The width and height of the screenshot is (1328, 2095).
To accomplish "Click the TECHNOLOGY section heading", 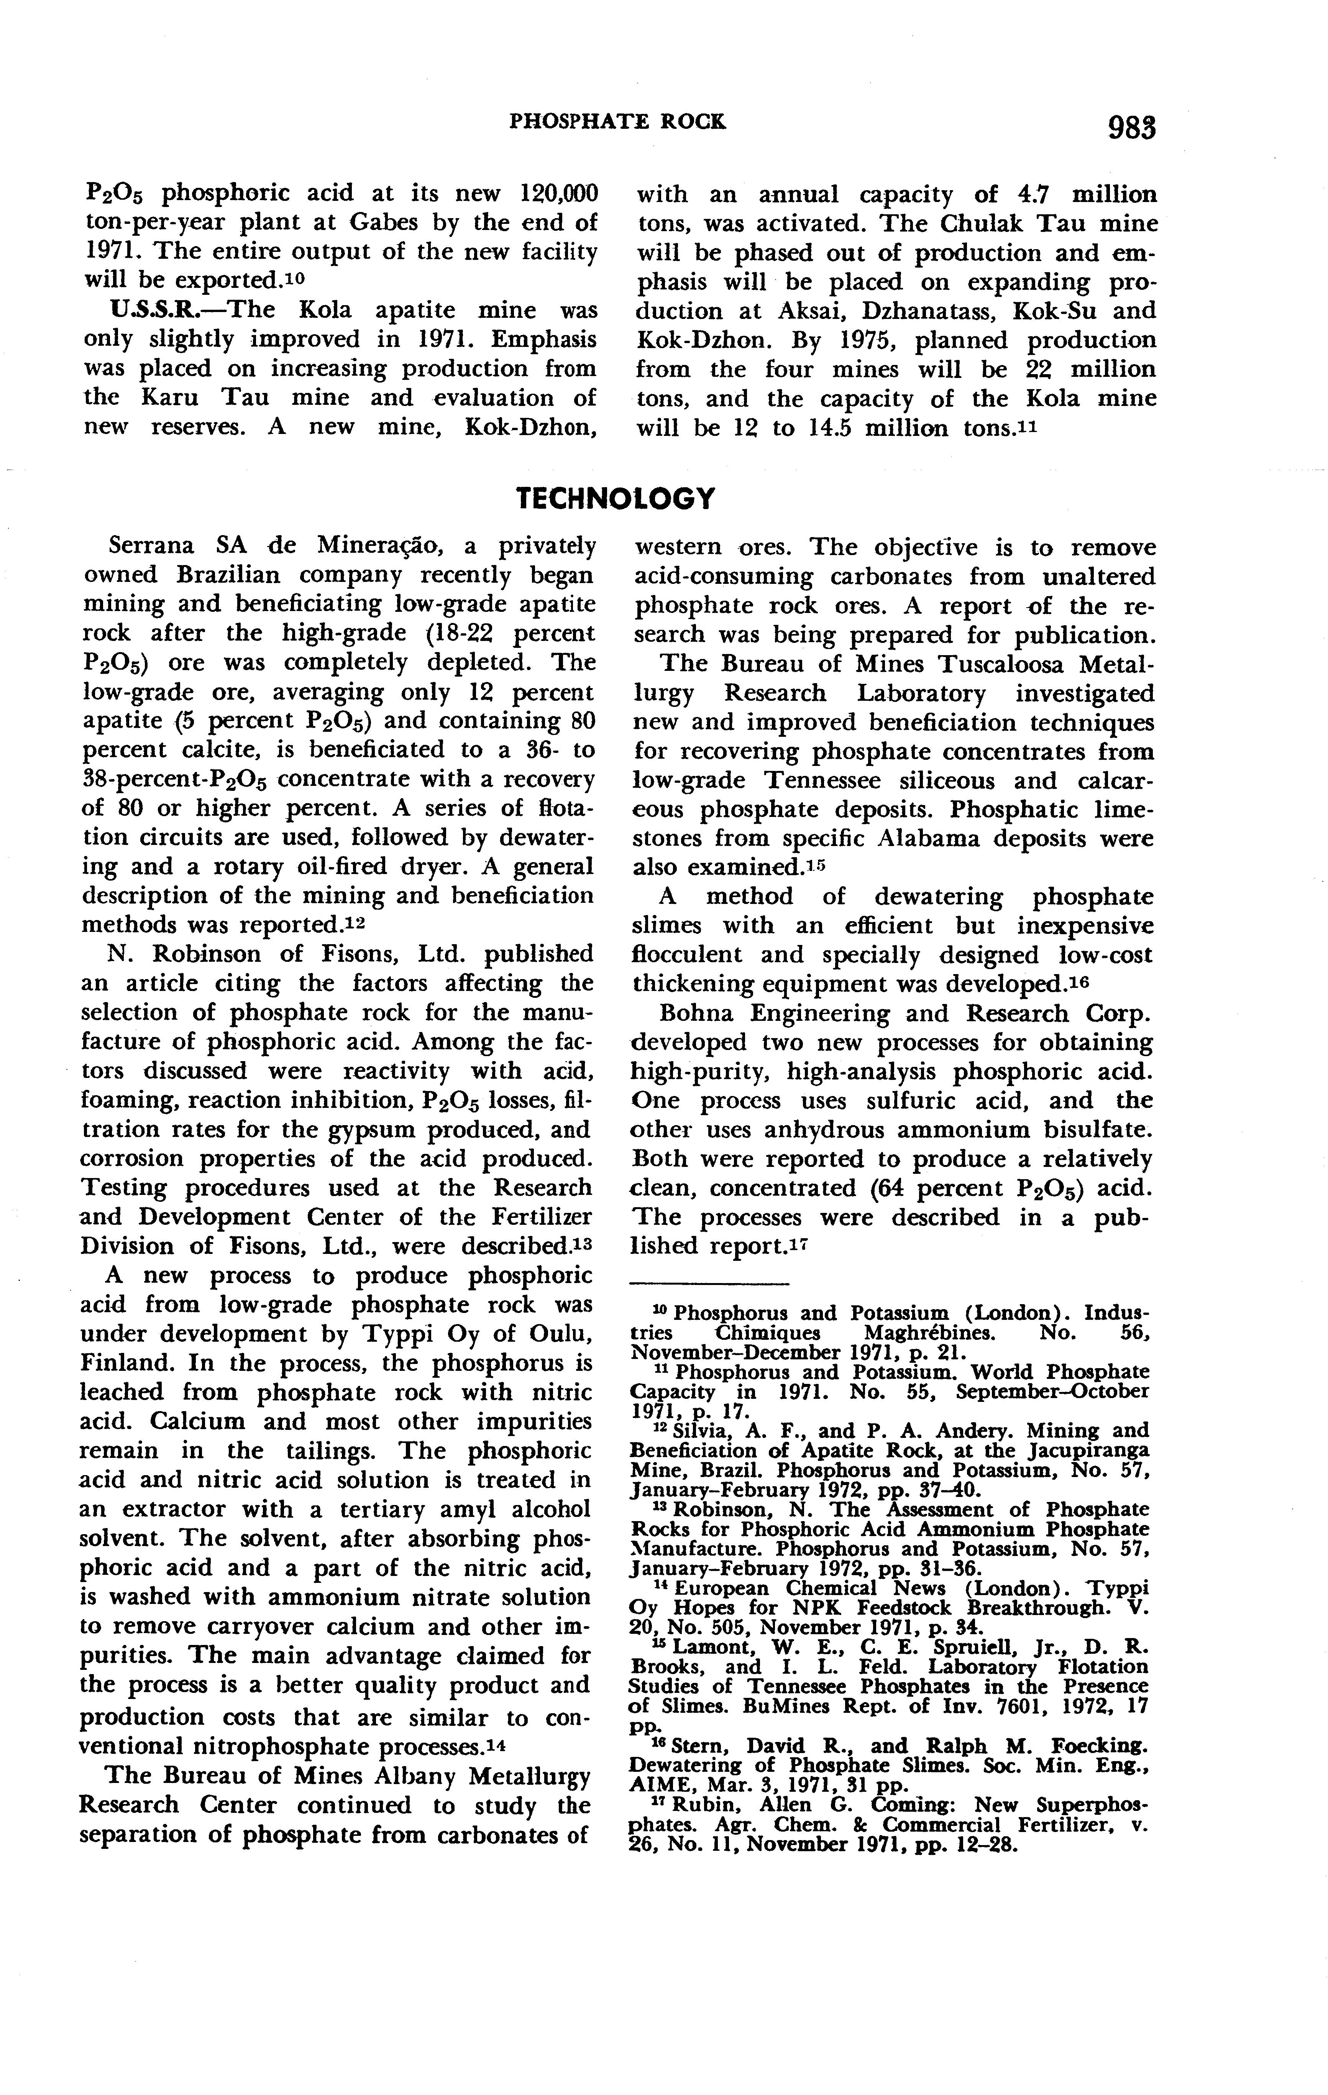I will point(616,498).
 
